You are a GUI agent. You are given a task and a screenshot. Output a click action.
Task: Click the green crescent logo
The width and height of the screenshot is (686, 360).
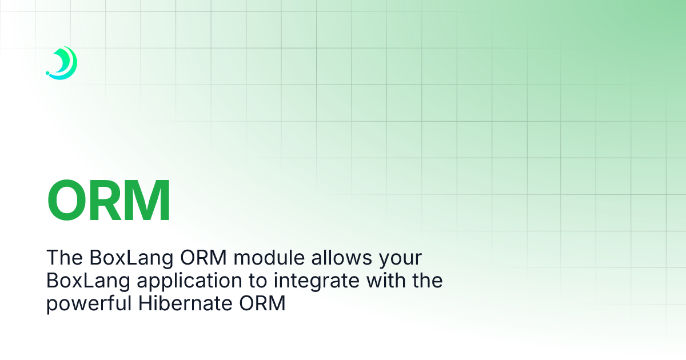pos(64,62)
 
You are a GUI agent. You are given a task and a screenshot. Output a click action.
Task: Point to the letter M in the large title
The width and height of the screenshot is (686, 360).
pos(150,201)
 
